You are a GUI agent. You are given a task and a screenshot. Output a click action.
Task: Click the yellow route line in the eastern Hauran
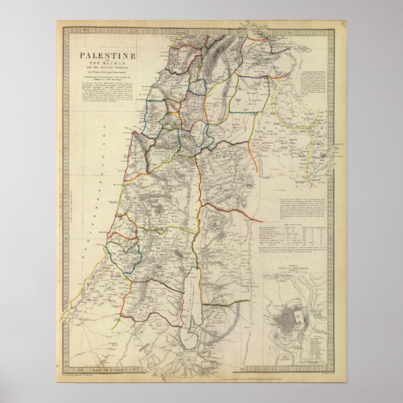(x=294, y=125)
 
